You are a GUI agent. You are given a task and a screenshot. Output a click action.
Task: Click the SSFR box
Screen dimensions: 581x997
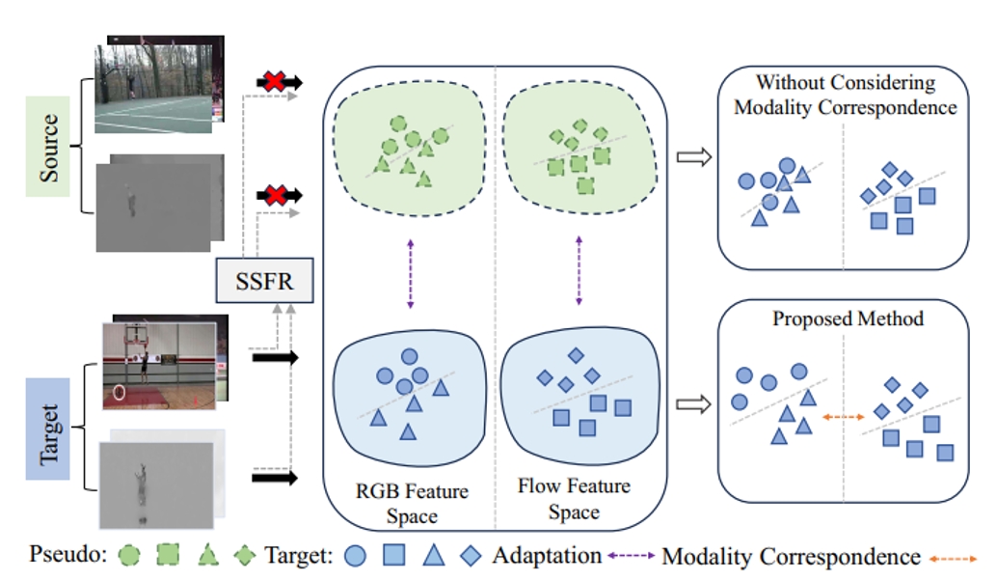tap(263, 282)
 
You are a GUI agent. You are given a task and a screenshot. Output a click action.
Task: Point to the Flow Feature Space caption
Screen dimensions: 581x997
tap(574, 499)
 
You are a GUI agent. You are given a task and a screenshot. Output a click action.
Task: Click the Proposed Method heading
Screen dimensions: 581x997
tap(848, 318)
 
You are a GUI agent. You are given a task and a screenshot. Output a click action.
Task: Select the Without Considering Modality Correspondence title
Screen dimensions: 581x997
tap(846, 95)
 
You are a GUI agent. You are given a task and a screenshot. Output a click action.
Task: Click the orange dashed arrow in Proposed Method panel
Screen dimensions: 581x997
tap(843, 417)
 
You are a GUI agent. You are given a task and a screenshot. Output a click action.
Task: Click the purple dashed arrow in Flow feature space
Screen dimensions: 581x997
tap(579, 274)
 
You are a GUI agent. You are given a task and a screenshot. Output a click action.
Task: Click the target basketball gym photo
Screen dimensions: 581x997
tap(164, 360)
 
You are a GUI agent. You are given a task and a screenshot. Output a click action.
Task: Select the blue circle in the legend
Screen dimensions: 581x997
tap(356, 557)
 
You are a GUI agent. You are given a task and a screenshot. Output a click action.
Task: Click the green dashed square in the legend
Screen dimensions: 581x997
tap(169, 557)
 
